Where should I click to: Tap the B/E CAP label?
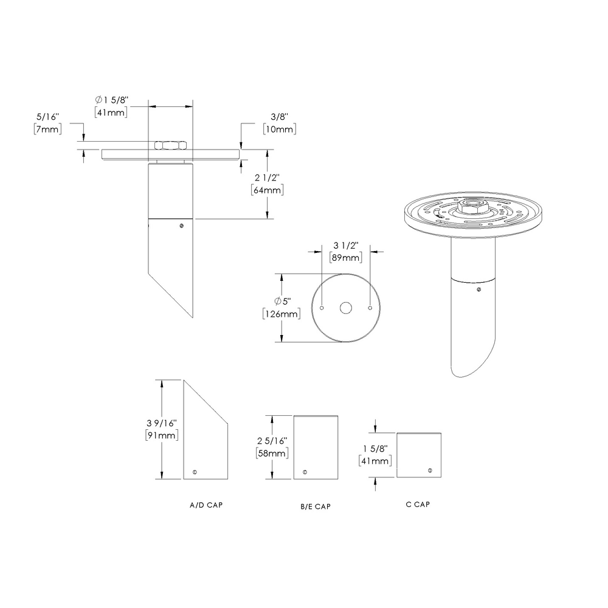tap(315, 506)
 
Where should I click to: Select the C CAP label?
tap(418, 504)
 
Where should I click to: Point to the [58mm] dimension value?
tap(272, 453)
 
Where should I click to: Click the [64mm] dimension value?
tap(267, 190)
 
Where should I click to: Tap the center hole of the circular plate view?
tap(346, 308)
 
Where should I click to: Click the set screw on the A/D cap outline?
tap(194, 472)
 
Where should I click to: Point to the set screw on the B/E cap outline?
tap(304, 471)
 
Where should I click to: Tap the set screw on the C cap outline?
tap(429, 471)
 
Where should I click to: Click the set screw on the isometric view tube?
tap(480, 289)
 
